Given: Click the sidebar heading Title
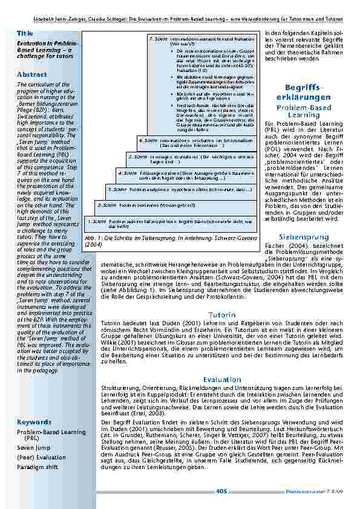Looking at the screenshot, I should [x=25, y=33].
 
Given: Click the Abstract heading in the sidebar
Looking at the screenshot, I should [x=31, y=74].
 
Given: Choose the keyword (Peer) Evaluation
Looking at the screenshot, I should [x=41, y=457].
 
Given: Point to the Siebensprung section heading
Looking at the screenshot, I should [x=303, y=237].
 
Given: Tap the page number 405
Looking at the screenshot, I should [x=221, y=491].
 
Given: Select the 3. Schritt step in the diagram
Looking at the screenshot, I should [x=117, y=189].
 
